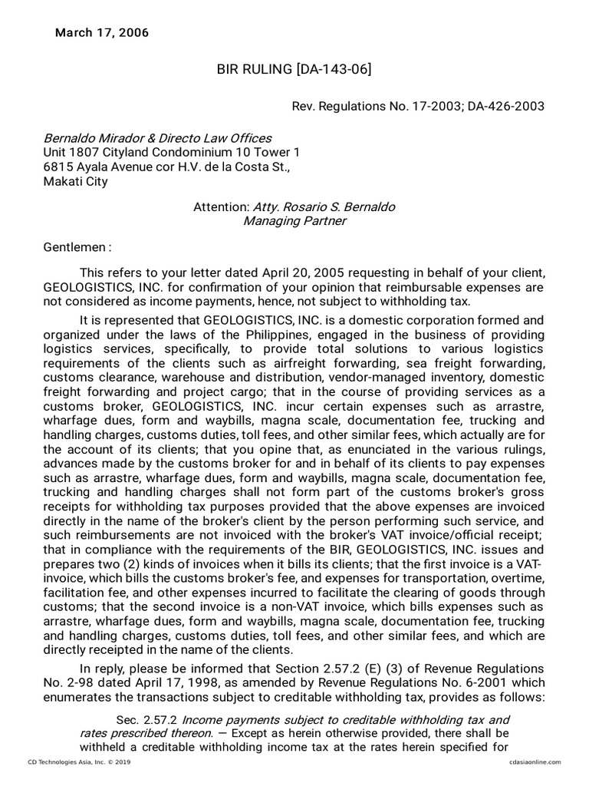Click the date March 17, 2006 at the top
[102, 33]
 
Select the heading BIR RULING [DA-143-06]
[294, 70]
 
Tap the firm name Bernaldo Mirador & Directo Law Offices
[157, 138]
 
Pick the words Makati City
[75, 182]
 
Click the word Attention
[220, 207]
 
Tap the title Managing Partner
[294, 221]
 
